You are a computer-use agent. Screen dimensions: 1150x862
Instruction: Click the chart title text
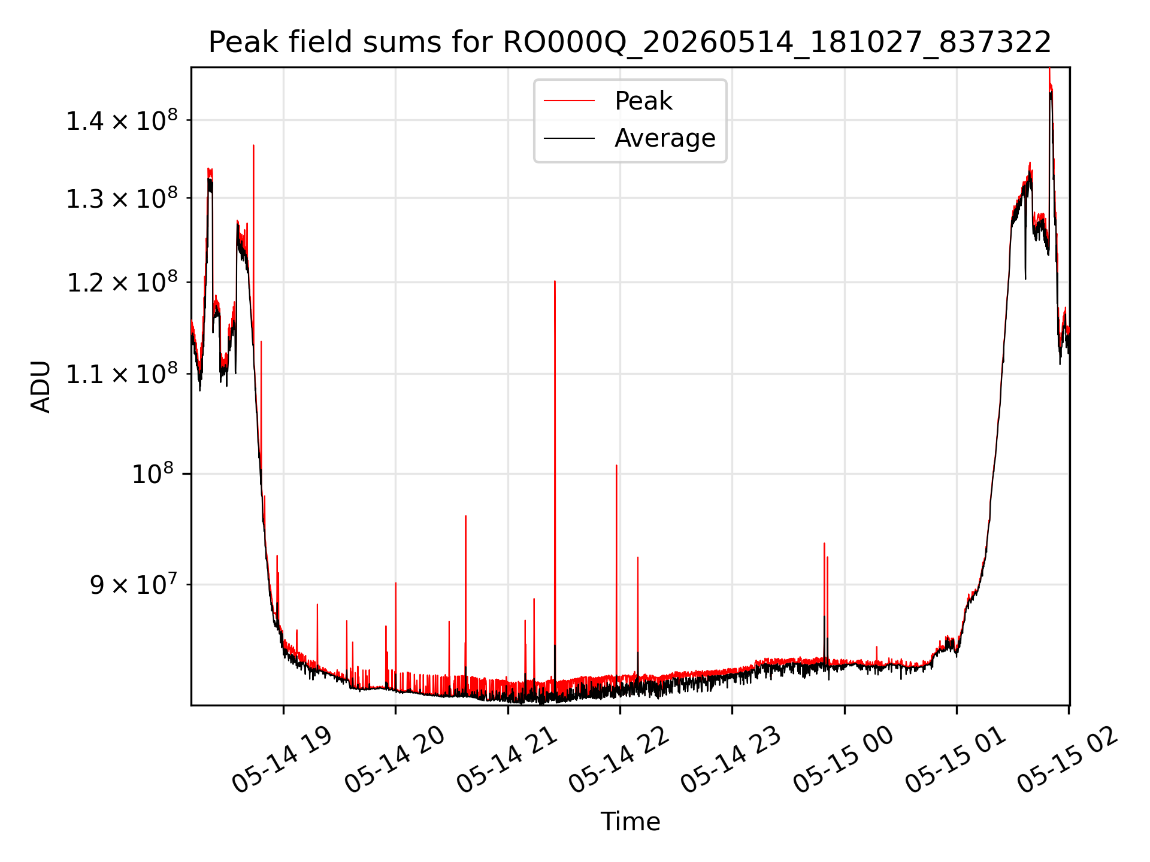pyautogui.click(x=630, y=43)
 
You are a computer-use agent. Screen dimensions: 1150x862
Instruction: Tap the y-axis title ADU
pyautogui.click(x=41, y=387)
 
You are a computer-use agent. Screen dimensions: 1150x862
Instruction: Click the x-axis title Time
pyautogui.click(x=630, y=821)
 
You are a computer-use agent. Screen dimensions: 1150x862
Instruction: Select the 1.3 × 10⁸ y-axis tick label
pyautogui.click(x=122, y=198)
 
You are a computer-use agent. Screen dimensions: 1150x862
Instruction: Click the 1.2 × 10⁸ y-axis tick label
pyautogui.click(x=122, y=283)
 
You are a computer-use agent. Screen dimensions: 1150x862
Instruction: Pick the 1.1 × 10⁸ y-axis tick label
pyautogui.click(x=122, y=374)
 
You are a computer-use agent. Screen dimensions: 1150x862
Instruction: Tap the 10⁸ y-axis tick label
pyautogui.click(x=153, y=474)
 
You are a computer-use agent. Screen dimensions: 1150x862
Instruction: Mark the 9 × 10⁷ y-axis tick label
pyautogui.click(x=134, y=585)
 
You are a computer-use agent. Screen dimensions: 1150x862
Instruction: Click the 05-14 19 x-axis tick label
pyautogui.click(x=282, y=760)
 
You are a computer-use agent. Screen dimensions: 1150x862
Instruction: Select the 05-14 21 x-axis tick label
pyautogui.click(x=507, y=760)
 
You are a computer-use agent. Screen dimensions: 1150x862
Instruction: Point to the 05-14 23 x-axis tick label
pyautogui.click(x=731, y=760)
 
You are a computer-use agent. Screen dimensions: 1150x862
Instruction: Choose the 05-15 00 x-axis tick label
pyautogui.click(x=843, y=760)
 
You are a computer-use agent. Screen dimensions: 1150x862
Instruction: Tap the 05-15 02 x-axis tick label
pyautogui.click(x=1068, y=760)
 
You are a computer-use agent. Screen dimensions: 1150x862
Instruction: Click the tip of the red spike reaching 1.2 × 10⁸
pyautogui.click(x=555, y=281)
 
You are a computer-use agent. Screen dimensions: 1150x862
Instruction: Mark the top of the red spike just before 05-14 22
pyautogui.click(x=616, y=465)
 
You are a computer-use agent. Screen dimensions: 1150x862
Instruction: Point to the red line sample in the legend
pyautogui.click(x=569, y=101)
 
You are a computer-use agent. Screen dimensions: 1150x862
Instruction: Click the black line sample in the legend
pyautogui.click(x=569, y=139)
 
